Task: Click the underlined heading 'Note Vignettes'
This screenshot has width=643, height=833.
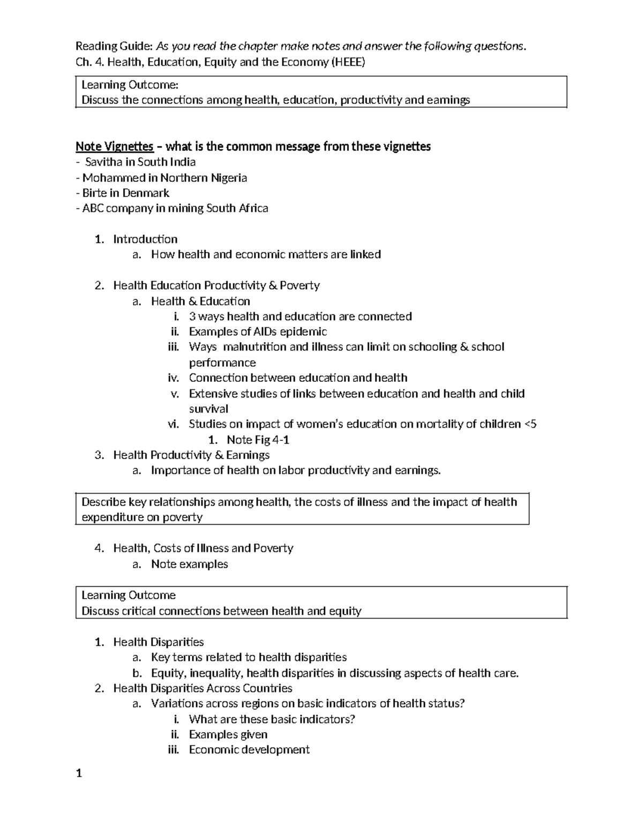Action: [x=114, y=146]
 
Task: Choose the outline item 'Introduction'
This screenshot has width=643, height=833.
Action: [x=145, y=239]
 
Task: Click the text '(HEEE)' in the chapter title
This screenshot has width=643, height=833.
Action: [x=348, y=62]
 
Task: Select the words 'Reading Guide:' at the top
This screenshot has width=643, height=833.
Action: [x=110, y=47]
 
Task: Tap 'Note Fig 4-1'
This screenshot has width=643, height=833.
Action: [x=258, y=440]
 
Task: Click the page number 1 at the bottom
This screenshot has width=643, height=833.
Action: [x=79, y=773]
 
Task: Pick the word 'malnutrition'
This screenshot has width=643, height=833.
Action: [x=255, y=347]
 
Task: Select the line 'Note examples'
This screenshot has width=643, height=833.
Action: [x=189, y=564]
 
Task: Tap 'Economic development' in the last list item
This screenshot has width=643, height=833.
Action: [x=249, y=750]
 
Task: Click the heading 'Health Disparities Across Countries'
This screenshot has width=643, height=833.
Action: [x=203, y=688]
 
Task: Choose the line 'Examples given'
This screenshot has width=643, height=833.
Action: [x=228, y=734]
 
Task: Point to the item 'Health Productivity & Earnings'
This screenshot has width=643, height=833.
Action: [x=191, y=455]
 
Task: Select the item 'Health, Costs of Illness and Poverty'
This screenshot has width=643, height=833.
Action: [x=203, y=548]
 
